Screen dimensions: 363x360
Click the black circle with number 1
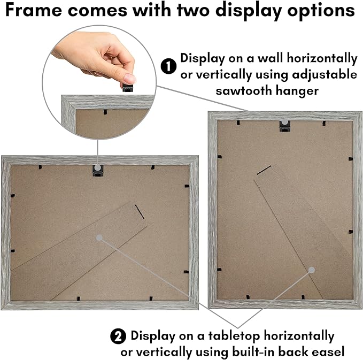coord(168,66)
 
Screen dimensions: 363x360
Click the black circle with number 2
coord(118,336)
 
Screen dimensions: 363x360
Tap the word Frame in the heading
coord(33,10)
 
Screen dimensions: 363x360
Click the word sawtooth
coord(244,90)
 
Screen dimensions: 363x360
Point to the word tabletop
coord(234,336)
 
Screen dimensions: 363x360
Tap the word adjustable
coord(325,75)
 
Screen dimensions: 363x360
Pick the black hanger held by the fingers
coord(128,88)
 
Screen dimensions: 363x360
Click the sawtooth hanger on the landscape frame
coord(98,171)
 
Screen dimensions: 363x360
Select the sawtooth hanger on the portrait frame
coord(285,126)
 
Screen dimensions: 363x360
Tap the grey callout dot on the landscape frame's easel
coord(99,238)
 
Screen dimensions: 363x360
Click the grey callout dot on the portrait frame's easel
coord(312,270)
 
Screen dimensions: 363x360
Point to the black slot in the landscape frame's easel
coord(140,211)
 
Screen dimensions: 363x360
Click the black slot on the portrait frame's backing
coord(264,170)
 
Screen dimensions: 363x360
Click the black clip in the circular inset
coord(105,112)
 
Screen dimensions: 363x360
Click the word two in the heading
coord(193,10)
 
